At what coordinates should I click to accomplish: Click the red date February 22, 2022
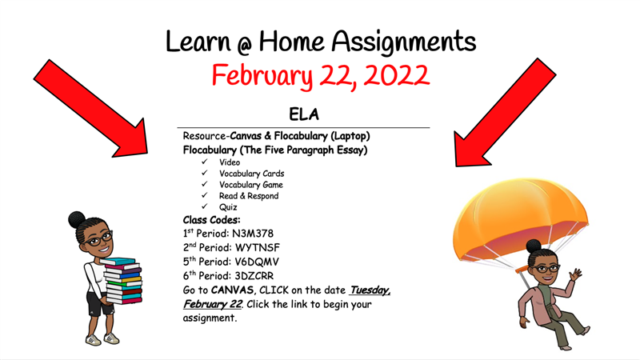321,76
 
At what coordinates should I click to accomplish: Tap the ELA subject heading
304,114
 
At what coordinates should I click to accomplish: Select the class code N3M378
253,234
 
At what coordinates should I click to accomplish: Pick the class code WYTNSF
258,248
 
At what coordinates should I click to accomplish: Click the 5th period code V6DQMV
257,262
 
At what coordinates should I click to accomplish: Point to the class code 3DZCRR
254,276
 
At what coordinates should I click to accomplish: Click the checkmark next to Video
205,162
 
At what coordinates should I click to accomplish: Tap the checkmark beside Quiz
205,206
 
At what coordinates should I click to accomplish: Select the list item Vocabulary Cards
251,174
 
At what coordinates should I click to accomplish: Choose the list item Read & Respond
249,196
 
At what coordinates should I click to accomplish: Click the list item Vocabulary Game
250,185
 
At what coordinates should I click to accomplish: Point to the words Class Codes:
211,220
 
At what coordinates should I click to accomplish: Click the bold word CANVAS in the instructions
232,290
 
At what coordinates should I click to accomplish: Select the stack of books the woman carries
122,281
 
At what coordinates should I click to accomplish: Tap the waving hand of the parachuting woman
576,274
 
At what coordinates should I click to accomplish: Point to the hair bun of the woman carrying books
77,219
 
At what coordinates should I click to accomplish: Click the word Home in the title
291,42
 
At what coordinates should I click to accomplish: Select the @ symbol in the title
245,46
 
